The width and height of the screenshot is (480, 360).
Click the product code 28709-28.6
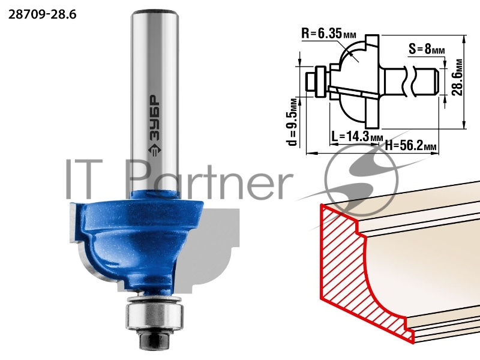(x=42, y=14)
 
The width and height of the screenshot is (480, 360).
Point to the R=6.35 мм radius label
(x=329, y=34)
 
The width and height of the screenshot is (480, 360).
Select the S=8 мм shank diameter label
(x=427, y=49)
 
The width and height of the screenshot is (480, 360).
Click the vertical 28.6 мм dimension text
(x=457, y=77)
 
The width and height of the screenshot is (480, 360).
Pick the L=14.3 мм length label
(x=357, y=137)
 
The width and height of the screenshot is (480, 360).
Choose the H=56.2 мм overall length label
(x=410, y=145)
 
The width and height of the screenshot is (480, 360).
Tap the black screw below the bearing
(x=152, y=340)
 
